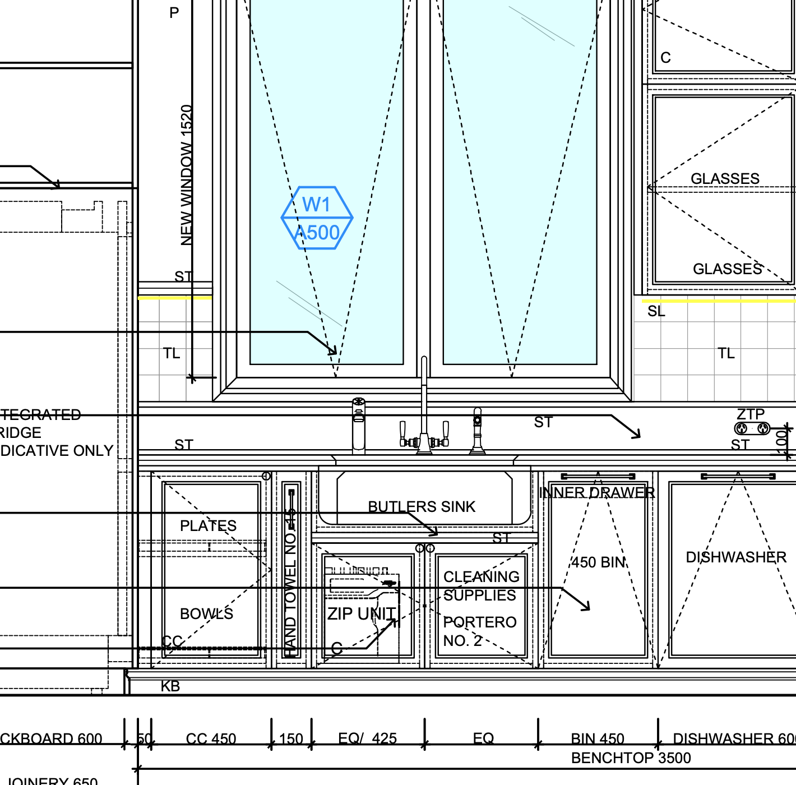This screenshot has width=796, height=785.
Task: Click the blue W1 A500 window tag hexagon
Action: click(x=317, y=218)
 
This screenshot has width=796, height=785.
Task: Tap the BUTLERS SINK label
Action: click(x=422, y=507)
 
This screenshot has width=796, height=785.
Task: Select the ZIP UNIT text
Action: click(x=362, y=614)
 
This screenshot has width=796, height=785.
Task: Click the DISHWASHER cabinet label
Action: click(x=736, y=557)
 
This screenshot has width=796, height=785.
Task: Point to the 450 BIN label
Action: click(x=599, y=562)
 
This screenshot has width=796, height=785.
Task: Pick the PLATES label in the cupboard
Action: click(x=208, y=526)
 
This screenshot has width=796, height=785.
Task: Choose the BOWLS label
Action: click(x=206, y=614)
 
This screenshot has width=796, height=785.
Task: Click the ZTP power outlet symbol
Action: click(x=752, y=429)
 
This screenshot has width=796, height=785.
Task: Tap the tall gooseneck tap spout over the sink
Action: click(x=424, y=392)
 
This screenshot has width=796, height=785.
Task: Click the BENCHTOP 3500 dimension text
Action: click(x=631, y=758)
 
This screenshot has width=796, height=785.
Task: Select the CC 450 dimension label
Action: click(x=211, y=739)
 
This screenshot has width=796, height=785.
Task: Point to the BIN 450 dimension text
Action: click(x=598, y=739)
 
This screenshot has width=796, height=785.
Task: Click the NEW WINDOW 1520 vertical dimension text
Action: click(x=187, y=175)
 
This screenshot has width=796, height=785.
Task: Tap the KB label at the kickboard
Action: click(x=170, y=686)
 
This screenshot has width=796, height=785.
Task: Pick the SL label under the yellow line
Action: click(x=656, y=312)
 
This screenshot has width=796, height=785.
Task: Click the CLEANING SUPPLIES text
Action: click(x=481, y=586)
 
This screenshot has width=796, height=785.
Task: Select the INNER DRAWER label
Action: click(x=596, y=493)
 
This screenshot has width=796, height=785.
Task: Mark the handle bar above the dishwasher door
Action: click(x=738, y=477)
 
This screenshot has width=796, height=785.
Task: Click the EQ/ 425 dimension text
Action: click(x=367, y=739)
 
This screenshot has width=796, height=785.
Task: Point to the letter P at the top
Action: click(x=174, y=13)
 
